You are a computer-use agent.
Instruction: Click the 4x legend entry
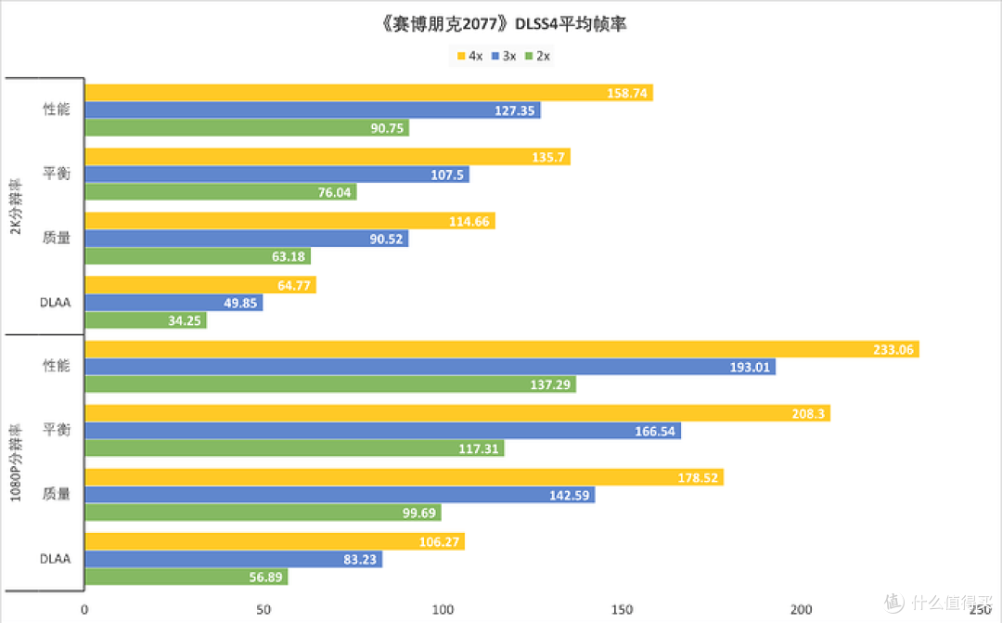pyautogui.click(x=470, y=57)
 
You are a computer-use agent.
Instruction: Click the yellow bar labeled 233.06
pyautogui.click(x=501, y=349)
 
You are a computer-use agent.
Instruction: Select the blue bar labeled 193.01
pyautogui.click(x=430, y=367)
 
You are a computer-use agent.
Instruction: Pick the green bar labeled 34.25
pyautogui.click(x=146, y=320)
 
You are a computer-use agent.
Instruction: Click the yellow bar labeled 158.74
pyautogui.click(x=368, y=93)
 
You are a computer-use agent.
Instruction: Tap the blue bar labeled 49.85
pyautogui.click(x=173, y=303)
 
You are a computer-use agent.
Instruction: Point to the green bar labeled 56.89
pyautogui.click(x=186, y=577)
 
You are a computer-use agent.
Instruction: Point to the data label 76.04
pyautogui.click(x=334, y=192)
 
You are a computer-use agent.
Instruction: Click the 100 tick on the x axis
pyautogui.click(x=443, y=609)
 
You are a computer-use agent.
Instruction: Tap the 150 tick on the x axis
pyautogui.click(x=622, y=609)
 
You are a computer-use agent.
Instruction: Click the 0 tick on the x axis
pyautogui.click(x=84, y=609)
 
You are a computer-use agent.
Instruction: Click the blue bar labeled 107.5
pyautogui.click(x=276, y=175)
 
